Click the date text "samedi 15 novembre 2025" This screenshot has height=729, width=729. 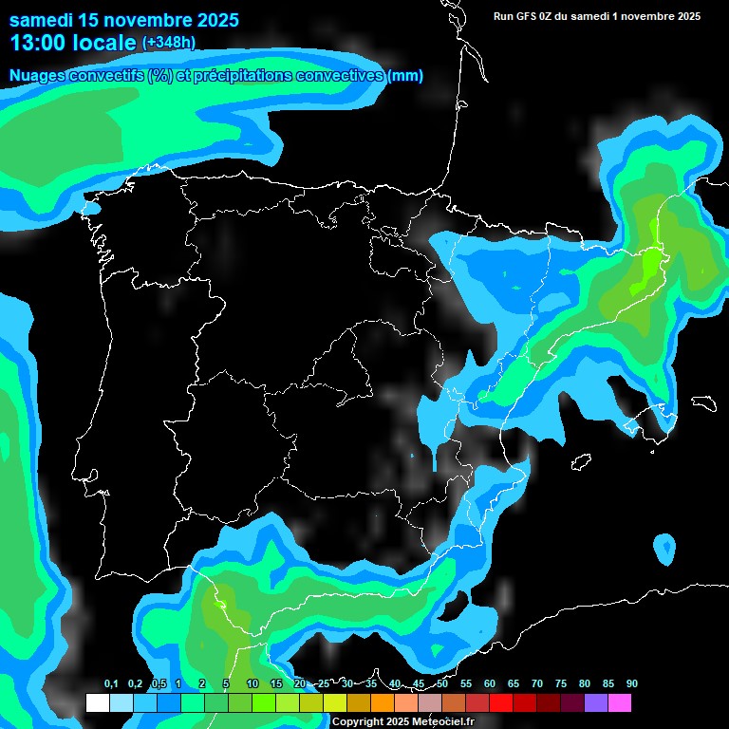click(123, 20)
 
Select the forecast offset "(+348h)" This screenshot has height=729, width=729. click(169, 43)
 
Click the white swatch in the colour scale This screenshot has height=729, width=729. click(97, 703)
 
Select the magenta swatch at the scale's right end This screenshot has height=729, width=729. click(620, 703)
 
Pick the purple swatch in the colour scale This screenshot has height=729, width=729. click(596, 703)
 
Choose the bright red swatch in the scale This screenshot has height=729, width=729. click(501, 703)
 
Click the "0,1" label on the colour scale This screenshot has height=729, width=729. click(111, 684)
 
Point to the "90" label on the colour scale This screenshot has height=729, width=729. click(631, 684)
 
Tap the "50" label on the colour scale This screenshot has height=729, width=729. click(442, 684)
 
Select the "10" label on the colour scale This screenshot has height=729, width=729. click(252, 684)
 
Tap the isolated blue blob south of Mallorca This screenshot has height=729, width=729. click(664, 548)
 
